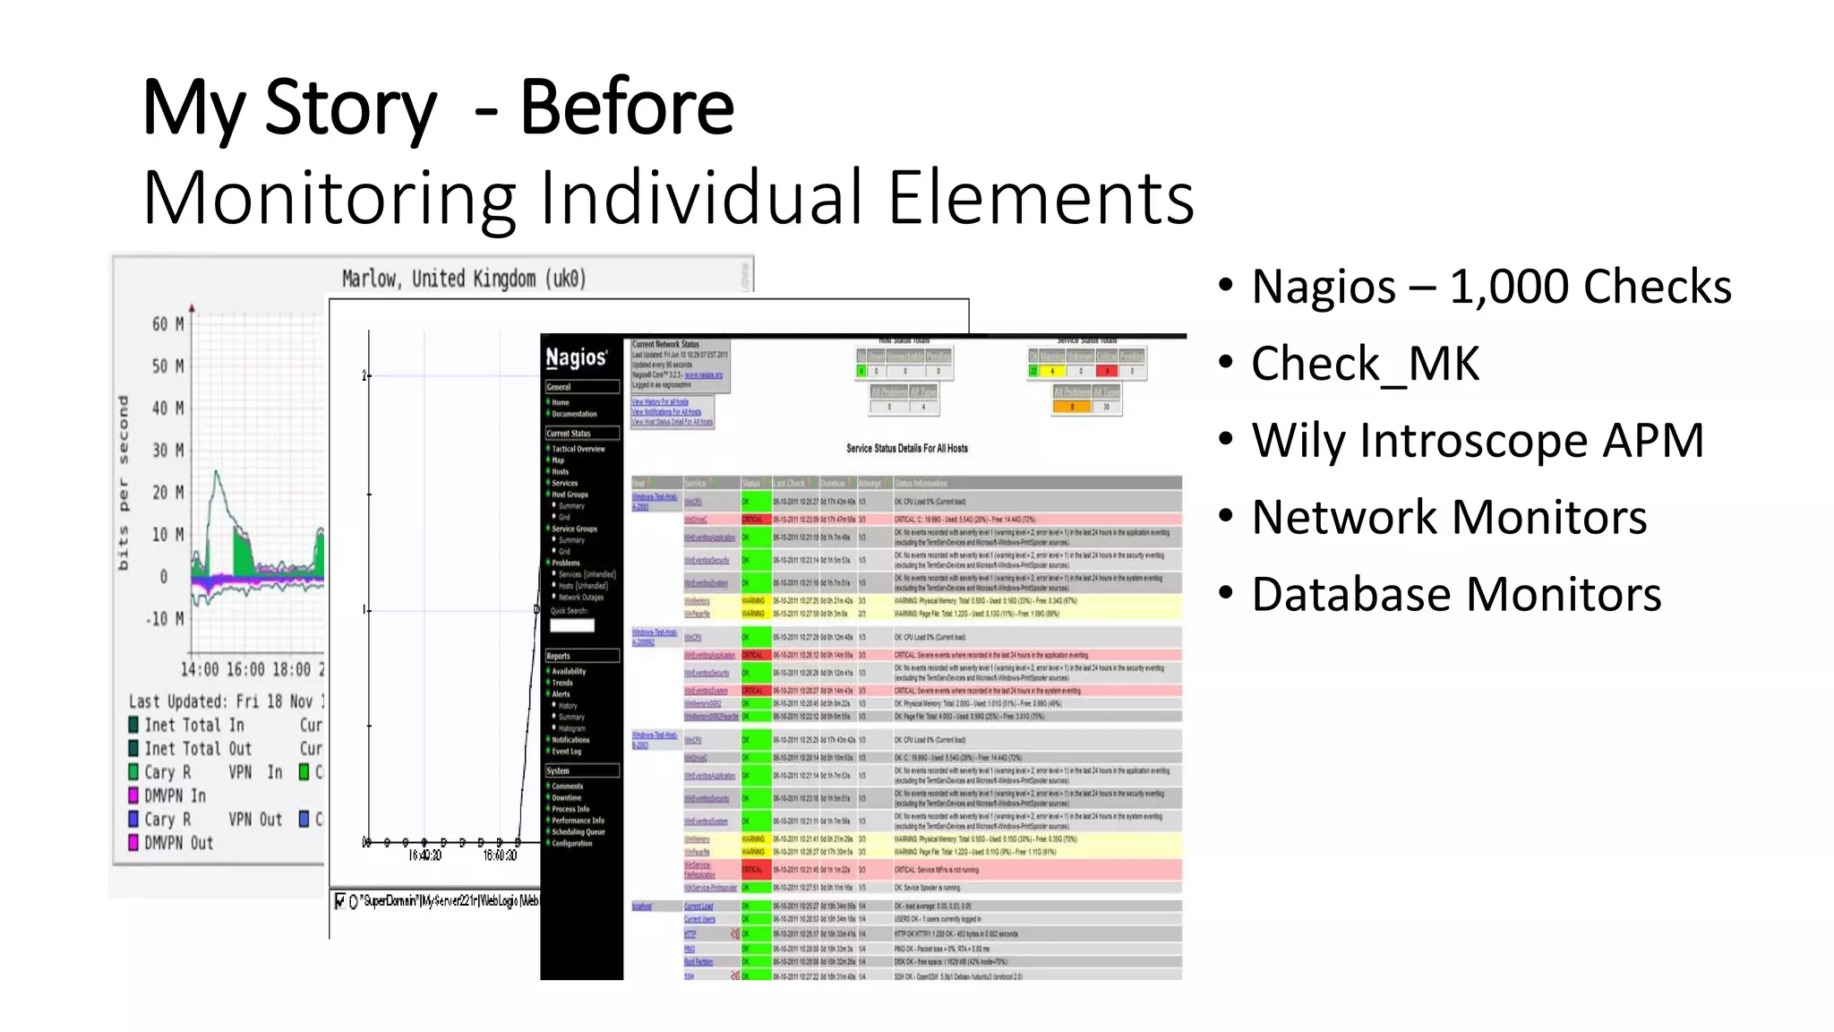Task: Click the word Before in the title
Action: (627, 107)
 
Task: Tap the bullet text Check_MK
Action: (1365, 364)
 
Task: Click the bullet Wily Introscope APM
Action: (1478, 441)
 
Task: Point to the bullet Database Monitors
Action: (1456, 595)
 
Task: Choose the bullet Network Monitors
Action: (1449, 518)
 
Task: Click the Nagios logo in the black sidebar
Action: (577, 358)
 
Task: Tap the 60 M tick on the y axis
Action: (167, 323)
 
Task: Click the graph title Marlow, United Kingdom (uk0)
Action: (464, 279)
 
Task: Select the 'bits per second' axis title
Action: (124, 484)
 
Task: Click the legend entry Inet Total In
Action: (193, 725)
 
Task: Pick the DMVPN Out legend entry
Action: (178, 843)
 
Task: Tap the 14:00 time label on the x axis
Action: (199, 669)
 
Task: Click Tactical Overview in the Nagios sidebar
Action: (578, 449)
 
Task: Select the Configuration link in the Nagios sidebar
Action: (572, 843)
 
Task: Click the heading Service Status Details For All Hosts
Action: (906, 448)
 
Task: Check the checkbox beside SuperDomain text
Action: (339, 901)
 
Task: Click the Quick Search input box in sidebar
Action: (572, 625)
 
